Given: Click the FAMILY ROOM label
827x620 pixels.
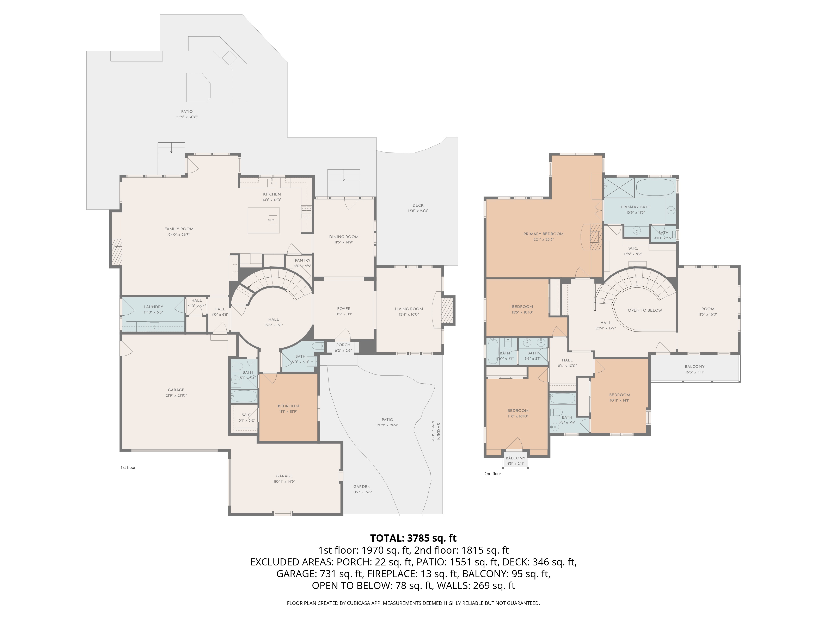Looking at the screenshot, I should tap(179, 229).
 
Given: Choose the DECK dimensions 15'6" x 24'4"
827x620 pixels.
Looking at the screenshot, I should tap(418, 211).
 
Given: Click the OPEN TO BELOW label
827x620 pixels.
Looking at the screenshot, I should tap(645, 310).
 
